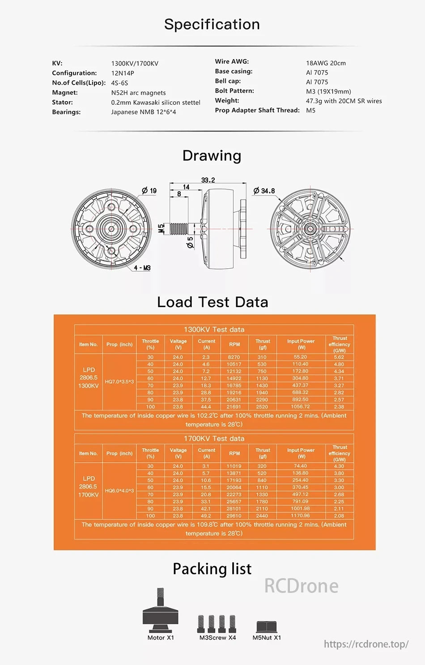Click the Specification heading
pyautogui.click(x=212, y=24)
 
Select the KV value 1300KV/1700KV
pyautogui.click(x=135, y=64)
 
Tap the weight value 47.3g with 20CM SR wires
pyautogui.click(x=344, y=101)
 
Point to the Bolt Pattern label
pyautogui.click(x=234, y=91)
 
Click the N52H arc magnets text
pyautogui.click(x=138, y=93)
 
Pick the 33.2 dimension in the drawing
pyautogui.click(x=208, y=180)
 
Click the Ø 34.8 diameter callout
pyautogui.click(x=264, y=191)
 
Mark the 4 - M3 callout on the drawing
pyautogui.click(x=142, y=268)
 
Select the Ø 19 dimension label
pyautogui.click(x=149, y=191)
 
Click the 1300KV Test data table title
pyautogui.click(x=214, y=330)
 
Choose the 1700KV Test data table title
pyautogui.click(x=214, y=438)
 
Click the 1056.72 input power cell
pyautogui.click(x=300, y=407)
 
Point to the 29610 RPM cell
pyautogui.click(x=234, y=516)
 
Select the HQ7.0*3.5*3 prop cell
pyautogui.click(x=119, y=382)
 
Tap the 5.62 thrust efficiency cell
pyautogui.click(x=339, y=357)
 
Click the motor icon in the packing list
pyautogui.click(x=160, y=611)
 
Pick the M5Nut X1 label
pyautogui.click(x=267, y=638)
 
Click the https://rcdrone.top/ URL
pyautogui.click(x=366, y=644)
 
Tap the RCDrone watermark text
pyautogui.click(x=301, y=586)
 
